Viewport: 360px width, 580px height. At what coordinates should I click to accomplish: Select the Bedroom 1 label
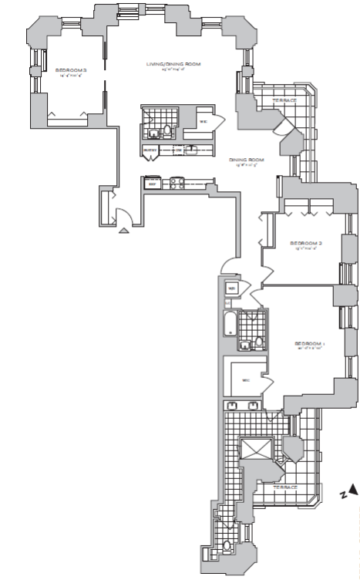point(311,342)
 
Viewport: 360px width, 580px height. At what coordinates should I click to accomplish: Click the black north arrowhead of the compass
point(352,488)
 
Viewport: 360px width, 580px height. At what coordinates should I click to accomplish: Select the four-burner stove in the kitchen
point(176,184)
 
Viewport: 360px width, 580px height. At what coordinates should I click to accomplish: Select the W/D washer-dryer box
point(232,289)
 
